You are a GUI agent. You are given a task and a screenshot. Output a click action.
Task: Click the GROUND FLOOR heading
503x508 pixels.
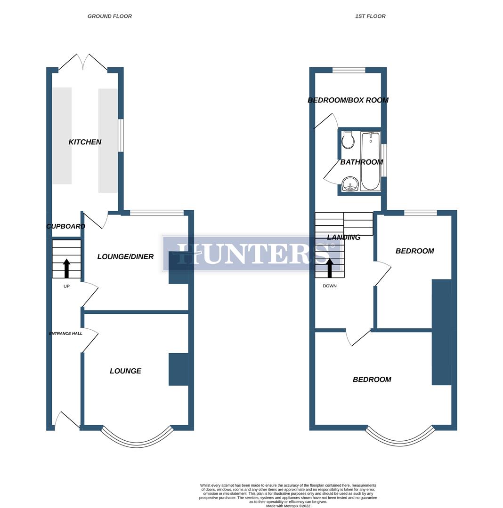[x=110, y=16]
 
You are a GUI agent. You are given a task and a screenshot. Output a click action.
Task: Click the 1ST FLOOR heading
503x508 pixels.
[x=370, y=16]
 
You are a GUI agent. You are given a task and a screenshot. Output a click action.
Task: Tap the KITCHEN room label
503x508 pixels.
[x=85, y=142]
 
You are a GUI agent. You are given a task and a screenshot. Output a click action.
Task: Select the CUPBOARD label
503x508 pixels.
[x=65, y=226]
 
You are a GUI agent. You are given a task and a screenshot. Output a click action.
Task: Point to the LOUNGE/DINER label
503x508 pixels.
[x=125, y=257]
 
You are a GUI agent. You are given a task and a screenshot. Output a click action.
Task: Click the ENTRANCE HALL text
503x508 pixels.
[x=65, y=333]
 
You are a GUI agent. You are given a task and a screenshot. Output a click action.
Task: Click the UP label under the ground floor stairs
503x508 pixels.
[x=66, y=286]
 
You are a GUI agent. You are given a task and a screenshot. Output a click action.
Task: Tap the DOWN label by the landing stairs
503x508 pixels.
[x=330, y=286]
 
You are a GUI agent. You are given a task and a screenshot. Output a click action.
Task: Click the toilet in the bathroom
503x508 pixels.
[x=348, y=140]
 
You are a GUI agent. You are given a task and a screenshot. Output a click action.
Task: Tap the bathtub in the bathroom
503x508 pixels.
[x=371, y=161]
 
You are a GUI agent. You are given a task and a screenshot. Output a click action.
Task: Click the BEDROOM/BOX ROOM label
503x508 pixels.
[x=348, y=100]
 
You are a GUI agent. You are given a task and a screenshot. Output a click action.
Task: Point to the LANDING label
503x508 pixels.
[x=344, y=238]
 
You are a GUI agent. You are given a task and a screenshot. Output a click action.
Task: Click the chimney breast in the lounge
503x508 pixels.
[x=178, y=369]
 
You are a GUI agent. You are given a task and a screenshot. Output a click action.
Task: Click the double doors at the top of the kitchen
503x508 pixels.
[x=83, y=63]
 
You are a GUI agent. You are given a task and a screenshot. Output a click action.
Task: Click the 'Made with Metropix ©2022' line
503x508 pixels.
[x=288, y=506]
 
